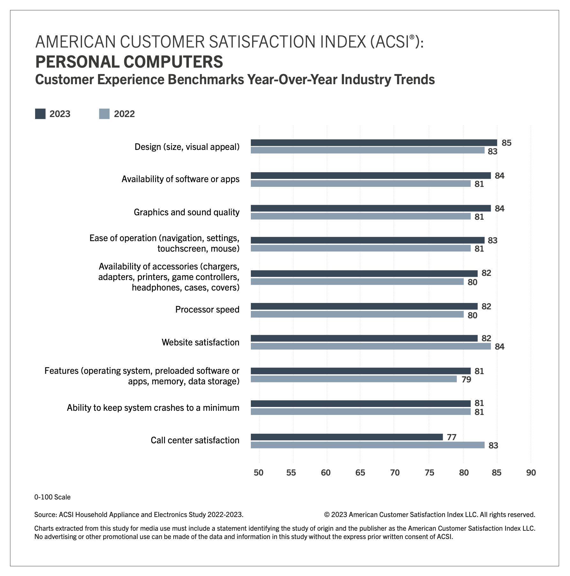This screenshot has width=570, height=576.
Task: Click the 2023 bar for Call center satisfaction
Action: pyautogui.click(x=347, y=437)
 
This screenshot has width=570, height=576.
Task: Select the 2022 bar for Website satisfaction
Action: pyautogui.click(x=371, y=346)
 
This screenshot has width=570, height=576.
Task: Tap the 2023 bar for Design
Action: pyautogui.click(x=374, y=143)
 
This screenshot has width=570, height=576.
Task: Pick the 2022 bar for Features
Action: pyautogui.click(x=354, y=379)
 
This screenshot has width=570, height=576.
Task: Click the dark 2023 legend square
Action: pyautogui.click(x=40, y=114)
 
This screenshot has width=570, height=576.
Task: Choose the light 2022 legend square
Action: pyautogui.click(x=104, y=114)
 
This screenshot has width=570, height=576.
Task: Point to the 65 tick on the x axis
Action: pyautogui.click(x=360, y=472)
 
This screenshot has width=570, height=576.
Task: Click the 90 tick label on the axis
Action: pyautogui.click(x=531, y=472)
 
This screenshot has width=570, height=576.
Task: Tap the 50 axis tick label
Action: pyautogui.click(x=259, y=472)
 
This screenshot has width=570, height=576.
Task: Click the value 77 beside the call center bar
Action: pyautogui.click(x=452, y=437)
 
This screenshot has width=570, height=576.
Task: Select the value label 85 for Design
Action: pyautogui.click(x=506, y=143)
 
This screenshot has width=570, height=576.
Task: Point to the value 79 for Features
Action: pyautogui.click(x=466, y=380)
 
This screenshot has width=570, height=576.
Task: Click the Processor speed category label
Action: pyautogui.click(x=207, y=309)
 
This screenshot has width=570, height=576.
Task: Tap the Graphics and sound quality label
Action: pyautogui.click(x=186, y=212)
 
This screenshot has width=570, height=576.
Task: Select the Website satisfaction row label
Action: pyautogui.click(x=200, y=342)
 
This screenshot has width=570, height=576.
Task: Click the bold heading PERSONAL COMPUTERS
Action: pyautogui.click(x=129, y=62)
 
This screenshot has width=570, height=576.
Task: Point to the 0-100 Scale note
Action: pyautogui.click(x=52, y=497)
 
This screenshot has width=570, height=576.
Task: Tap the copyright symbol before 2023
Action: pyautogui.click(x=327, y=514)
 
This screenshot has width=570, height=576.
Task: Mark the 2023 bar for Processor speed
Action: pyautogui.click(x=364, y=306)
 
